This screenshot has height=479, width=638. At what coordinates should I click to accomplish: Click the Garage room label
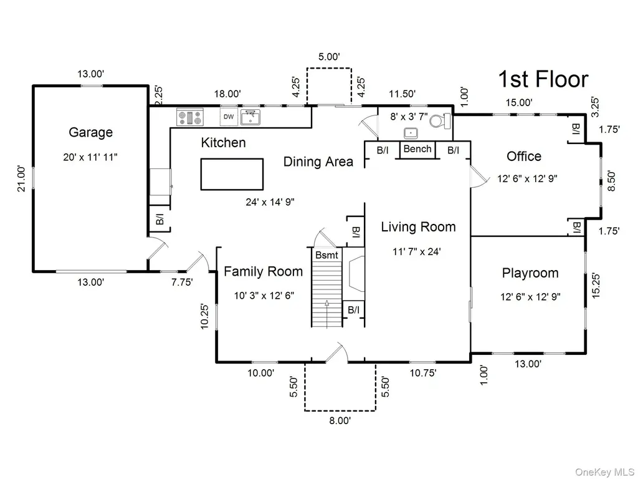[90, 132]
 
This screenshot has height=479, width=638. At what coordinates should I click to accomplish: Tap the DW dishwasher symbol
[229, 117]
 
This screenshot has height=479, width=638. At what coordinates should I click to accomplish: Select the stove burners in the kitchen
[189, 117]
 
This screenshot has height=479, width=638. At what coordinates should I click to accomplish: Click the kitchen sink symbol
[250, 117]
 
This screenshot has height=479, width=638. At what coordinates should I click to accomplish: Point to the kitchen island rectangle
[232, 175]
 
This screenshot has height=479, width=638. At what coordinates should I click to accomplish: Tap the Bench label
[417, 149]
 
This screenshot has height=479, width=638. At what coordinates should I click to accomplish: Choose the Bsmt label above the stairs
[326, 255]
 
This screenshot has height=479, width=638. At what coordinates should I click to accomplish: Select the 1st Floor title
[543, 79]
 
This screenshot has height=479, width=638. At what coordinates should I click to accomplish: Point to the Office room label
[523, 156]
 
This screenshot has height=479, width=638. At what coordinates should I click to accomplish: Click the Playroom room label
[530, 273]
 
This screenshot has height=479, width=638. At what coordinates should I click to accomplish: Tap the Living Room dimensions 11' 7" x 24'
[417, 252]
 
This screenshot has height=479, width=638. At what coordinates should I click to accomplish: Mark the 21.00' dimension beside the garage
[22, 178]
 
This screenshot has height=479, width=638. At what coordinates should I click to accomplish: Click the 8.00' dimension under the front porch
[340, 421]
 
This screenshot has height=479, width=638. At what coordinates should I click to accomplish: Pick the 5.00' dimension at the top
[329, 57]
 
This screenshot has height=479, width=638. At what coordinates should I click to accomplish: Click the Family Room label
[264, 272]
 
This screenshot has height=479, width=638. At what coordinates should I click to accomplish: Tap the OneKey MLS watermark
[604, 472]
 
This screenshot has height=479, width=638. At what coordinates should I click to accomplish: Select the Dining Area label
[318, 162]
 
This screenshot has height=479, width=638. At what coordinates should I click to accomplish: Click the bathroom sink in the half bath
[411, 133]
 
